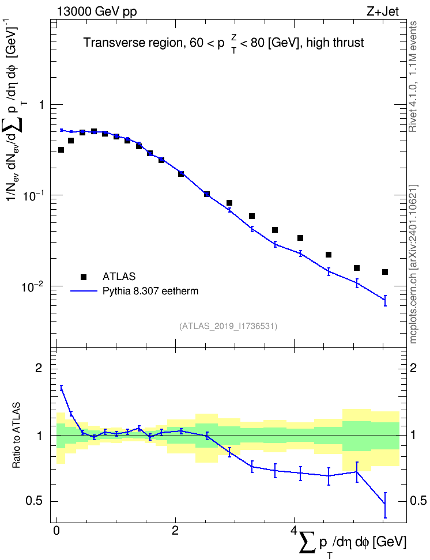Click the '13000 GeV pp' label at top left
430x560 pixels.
point(96,12)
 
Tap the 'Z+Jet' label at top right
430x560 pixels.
point(383,12)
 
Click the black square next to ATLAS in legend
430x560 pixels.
point(84,277)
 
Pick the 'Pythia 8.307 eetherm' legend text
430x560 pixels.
point(150,291)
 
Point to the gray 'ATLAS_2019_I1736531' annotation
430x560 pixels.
point(228,326)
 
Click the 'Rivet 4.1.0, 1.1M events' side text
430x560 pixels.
point(413,77)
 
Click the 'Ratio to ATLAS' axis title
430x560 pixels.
point(16,435)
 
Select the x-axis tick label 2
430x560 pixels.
point(175,531)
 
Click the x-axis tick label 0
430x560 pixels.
point(56,531)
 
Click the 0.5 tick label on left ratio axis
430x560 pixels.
point(35,501)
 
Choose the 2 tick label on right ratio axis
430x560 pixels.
point(413,368)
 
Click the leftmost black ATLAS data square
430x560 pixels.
point(61,150)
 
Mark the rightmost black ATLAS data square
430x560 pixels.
point(385,272)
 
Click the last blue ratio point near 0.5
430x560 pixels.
point(385,504)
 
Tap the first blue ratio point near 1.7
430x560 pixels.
point(61,388)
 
